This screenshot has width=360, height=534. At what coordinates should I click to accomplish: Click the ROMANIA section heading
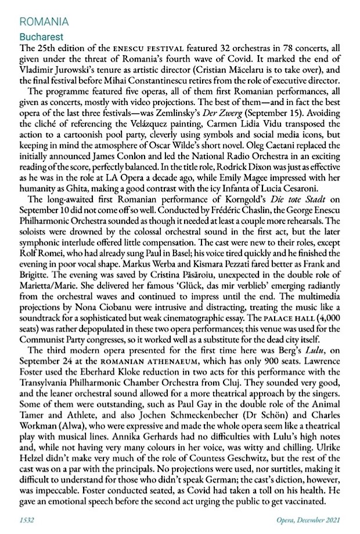44,23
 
